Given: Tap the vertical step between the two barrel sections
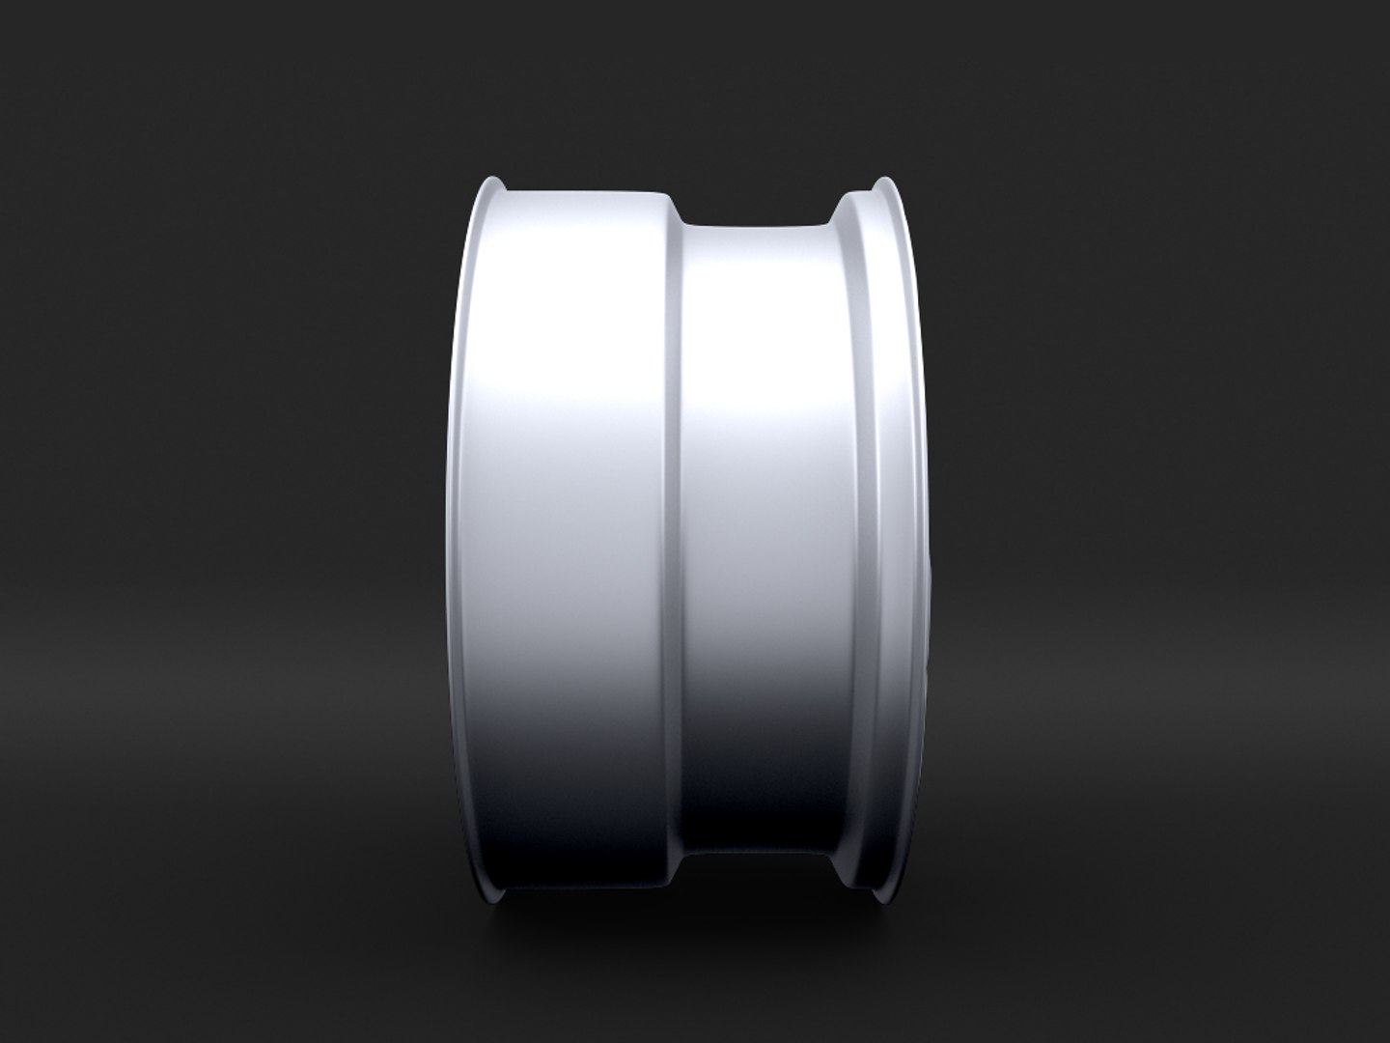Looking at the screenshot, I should point(676,521).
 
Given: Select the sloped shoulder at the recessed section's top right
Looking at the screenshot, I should point(836,216).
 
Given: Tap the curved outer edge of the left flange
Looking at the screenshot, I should point(458,521).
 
